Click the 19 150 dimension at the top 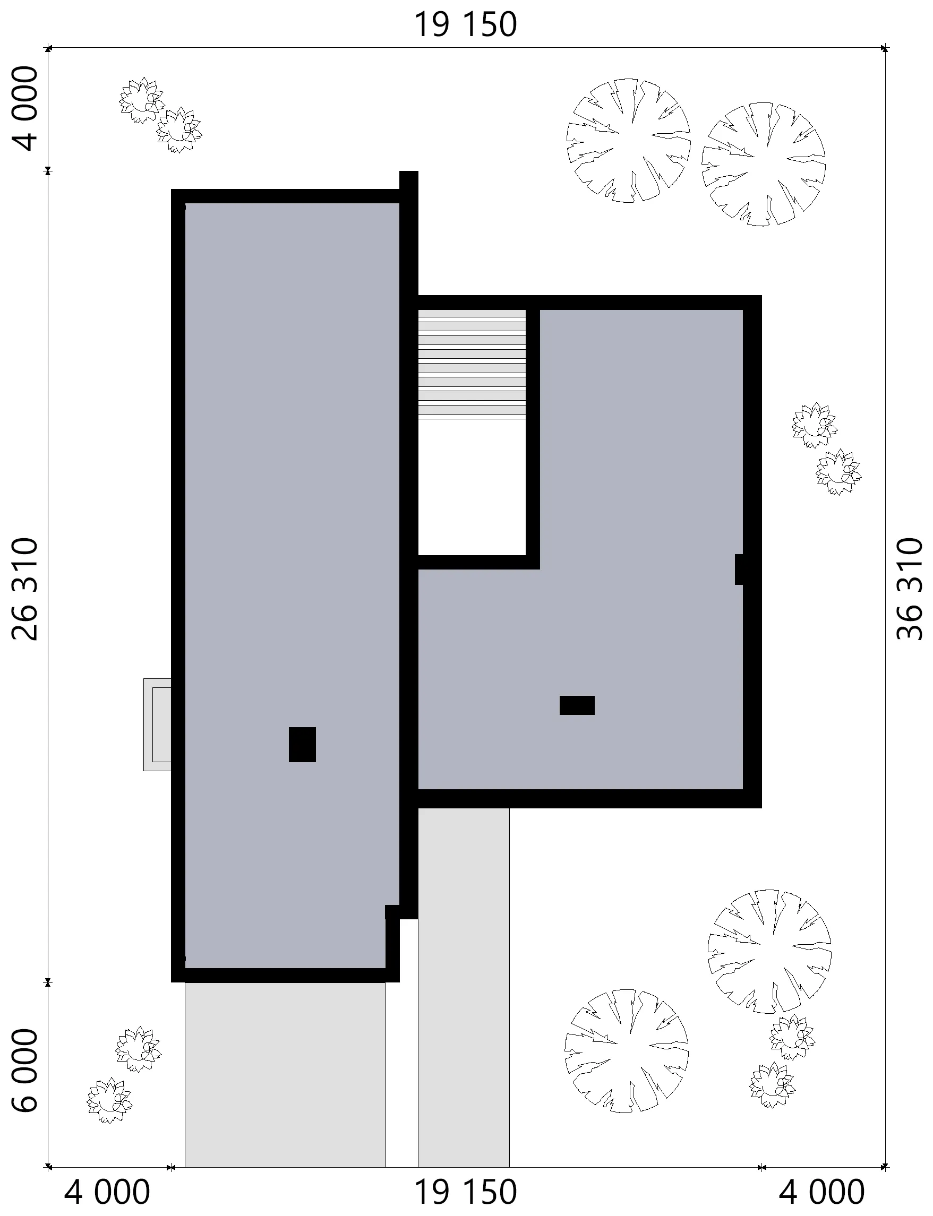[x=465, y=25]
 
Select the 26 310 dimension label [x=25, y=589]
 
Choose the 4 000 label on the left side [x=25, y=109]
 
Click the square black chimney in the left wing [x=302, y=745]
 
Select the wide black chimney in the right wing [x=577, y=705]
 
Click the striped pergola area [x=472, y=364]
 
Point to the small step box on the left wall [x=157, y=725]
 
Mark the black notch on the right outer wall [x=740, y=570]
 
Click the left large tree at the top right [x=628, y=141]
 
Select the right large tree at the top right [x=763, y=165]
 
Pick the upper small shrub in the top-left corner [x=141, y=100]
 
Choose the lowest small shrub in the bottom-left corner [x=109, y=1101]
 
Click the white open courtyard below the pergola [x=472, y=487]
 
